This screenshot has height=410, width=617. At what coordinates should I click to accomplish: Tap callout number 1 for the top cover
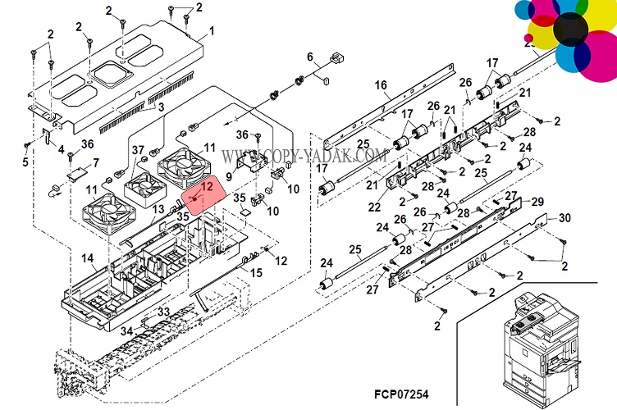[211, 31]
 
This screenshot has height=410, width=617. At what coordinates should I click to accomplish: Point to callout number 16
[381, 85]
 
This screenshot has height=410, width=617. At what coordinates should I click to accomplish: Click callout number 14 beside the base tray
[87, 259]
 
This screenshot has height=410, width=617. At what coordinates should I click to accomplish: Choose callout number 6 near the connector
[310, 57]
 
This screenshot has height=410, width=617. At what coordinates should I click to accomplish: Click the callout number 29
[537, 202]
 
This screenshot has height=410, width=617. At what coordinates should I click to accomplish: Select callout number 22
[374, 207]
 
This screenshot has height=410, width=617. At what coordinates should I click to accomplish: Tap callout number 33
[164, 312]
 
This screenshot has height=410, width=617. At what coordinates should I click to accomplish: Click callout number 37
[138, 149]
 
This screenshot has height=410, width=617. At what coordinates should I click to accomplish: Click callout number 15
[256, 272]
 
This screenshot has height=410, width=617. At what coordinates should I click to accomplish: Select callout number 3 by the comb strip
[161, 107]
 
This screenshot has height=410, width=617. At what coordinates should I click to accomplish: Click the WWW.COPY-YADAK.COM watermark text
[304, 155]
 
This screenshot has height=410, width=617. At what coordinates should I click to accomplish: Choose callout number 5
[25, 162]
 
